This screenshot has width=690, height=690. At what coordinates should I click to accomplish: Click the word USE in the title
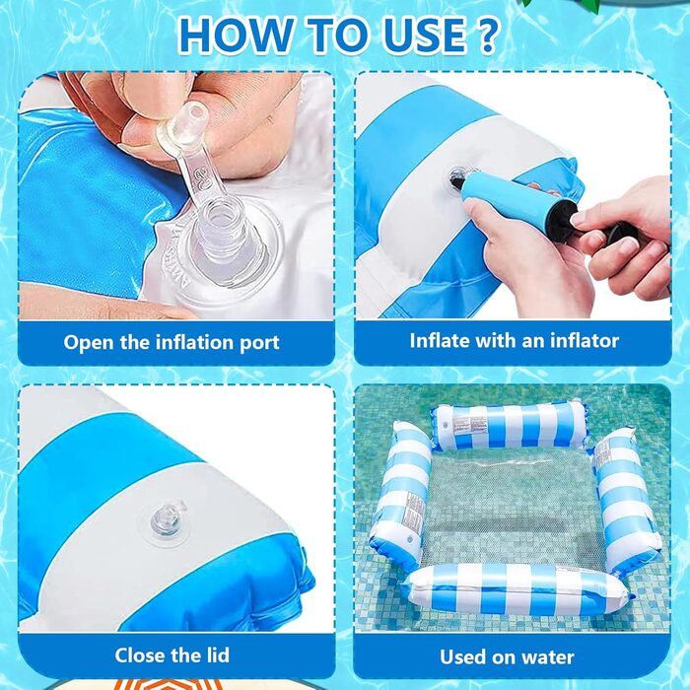pos(424,35)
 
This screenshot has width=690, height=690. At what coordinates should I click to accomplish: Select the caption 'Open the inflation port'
pos(172,343)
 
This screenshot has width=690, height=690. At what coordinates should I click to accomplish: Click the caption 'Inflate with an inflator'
pos(514,341)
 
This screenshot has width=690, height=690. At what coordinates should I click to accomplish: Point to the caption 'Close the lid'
pos(172,655)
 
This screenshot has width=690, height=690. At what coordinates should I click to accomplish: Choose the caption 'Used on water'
pos(507,657)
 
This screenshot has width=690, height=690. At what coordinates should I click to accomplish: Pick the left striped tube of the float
pos(400,493)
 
